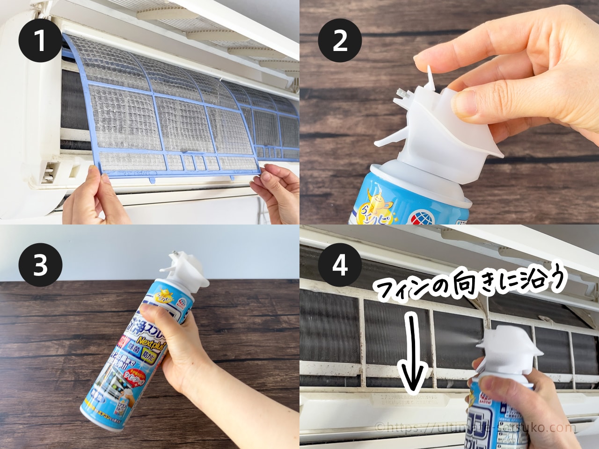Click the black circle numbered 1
coord(40,41)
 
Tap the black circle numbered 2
coord(340,41)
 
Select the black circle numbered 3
coord(40,266)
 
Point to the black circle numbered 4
coord(340,266)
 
